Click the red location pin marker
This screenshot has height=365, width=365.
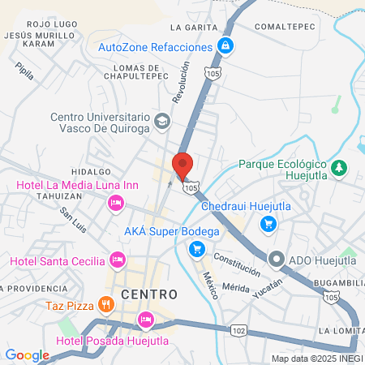(x=182, y=165)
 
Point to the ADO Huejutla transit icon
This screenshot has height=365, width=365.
(x=276, y=260)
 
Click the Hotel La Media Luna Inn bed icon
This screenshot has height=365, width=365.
(x=116, y=203)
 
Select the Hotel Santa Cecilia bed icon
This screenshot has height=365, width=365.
(x=118, y=260)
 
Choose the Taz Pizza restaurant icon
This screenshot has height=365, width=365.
(x=104, y=305)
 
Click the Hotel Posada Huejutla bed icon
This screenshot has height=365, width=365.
(x=145, y=319)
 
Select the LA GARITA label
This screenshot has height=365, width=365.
(x=195, y=27)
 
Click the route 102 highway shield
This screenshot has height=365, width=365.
(x=238, y=331)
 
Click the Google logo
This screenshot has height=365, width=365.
(x=27, y=354)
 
